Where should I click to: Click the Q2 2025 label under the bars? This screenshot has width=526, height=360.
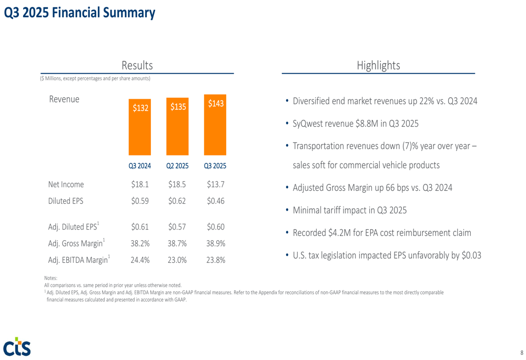(x=177, y=166)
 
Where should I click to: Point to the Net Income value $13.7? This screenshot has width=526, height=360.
(x=216, y=184)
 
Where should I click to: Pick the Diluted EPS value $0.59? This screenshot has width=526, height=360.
(x=140, y=200)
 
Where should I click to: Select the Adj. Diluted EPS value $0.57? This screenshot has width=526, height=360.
(x=177, y=227)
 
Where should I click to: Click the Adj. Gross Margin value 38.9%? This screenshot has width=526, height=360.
(x=216, y=243)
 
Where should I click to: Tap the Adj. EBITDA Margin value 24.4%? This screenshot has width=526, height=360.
(x=140, y=260)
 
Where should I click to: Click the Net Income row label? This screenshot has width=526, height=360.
(x=66, y=184)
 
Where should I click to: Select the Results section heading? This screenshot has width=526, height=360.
(x=137, y=66)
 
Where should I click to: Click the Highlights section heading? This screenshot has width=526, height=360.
(x=378, y=66)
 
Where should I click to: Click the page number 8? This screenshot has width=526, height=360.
(x=521, y=352)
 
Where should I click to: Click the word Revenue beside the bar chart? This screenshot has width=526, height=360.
(x=64, y=99)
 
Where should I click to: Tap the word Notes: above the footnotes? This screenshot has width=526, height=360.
(x=51, y=278)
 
